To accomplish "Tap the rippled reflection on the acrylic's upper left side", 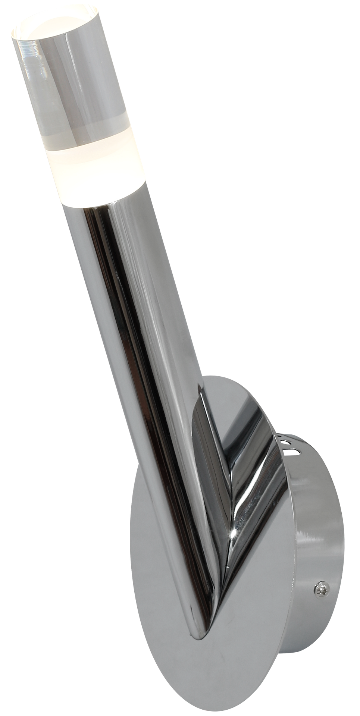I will point(26,75).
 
